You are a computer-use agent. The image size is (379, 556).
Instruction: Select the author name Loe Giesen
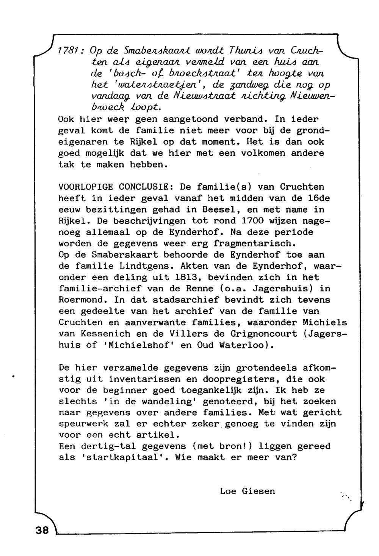(247, 491)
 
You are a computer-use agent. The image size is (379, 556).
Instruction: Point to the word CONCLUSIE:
(146, 187)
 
